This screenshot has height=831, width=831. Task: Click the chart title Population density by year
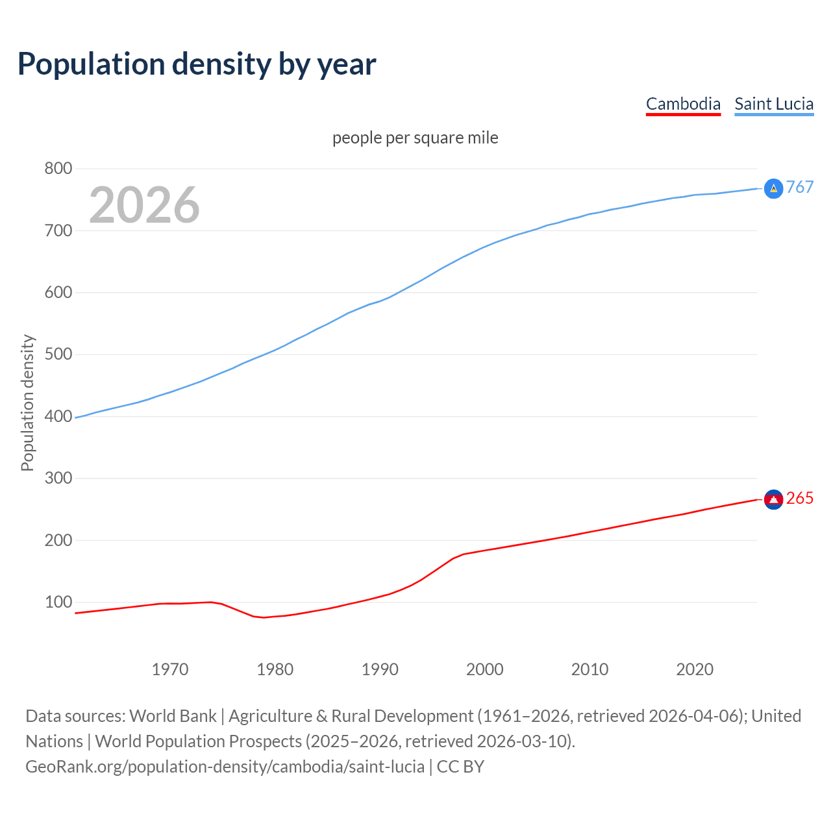(x=197, y=64)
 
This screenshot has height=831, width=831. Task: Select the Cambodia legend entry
(x=683, y=104)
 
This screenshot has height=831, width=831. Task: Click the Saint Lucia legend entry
(x=773, y=104)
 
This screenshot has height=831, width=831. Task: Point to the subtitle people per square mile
(x=415, y=138)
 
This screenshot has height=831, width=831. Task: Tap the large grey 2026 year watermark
(x=144, y=205)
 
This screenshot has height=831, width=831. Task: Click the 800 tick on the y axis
(x=58, y=169)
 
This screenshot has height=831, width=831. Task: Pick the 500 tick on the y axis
(x=58, y=354)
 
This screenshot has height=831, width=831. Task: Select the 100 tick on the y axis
(x=58, y=602)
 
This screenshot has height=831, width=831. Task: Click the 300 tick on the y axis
(x=58, y=478)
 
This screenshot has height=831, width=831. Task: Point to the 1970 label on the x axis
(x=170, y=669)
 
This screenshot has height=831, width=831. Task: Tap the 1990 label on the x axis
(x=380, y=669)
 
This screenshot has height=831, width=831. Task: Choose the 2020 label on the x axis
(x=695, y=669)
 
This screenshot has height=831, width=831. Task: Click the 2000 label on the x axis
(x=485, y=669)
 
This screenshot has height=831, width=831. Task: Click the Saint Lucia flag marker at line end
(x=773, y=188)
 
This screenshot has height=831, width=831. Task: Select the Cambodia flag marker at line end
(x=773, y=499)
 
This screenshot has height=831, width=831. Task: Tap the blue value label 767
(x=800, y=187)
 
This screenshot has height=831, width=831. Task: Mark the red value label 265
(x=800, y=498)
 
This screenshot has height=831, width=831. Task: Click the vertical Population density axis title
(x=27, y=403)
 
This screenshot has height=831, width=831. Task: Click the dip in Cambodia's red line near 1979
(x=264, y=617)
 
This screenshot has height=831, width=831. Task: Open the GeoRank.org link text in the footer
(x=225, y=767)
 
